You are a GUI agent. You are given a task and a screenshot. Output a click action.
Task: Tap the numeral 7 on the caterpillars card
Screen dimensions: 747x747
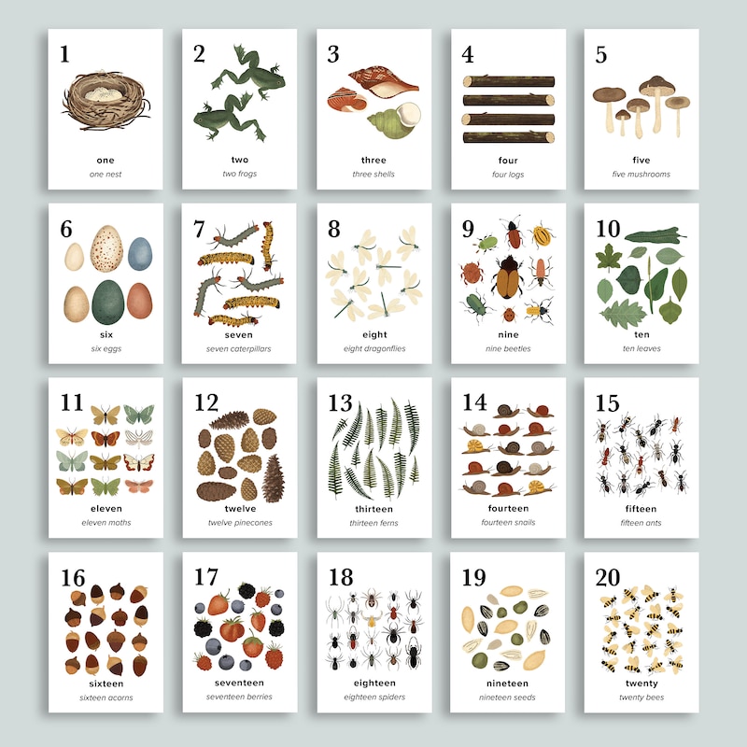tap(199, 229)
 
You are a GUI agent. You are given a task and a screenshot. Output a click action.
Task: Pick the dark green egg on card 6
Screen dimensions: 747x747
tap(108, 302)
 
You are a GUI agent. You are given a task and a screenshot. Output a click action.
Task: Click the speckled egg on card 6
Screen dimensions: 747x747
tap(106, 248)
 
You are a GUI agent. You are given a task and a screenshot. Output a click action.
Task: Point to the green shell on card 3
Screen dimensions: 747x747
tap(394, 120)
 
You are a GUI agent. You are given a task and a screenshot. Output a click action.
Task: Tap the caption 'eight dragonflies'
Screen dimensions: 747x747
tap(374, 348)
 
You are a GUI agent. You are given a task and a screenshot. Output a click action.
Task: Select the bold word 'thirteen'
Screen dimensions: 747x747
tap(374, 509)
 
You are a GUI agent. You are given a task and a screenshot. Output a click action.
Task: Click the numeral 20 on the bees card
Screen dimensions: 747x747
tap(608, 577)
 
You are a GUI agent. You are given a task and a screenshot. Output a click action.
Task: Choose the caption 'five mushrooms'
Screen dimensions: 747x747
tap(641, 175)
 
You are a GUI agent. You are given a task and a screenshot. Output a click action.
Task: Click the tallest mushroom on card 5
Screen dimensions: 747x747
tap(657, 104)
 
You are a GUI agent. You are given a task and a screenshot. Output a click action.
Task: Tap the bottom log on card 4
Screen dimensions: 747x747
tap(509, 137)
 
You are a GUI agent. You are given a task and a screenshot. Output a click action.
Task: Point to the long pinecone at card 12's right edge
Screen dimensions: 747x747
tap(274, 478)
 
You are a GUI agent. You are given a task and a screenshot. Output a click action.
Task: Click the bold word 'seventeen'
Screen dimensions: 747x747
tap(239, 683)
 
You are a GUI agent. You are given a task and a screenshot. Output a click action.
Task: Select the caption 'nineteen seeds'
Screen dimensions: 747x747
tap(507, 698)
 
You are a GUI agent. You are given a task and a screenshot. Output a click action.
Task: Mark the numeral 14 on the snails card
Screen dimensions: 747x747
tap(474, 402)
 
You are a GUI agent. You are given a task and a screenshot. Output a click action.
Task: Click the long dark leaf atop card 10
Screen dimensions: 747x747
tap(655, 236)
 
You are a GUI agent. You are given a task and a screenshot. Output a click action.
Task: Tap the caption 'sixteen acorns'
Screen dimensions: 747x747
tap(106, 698)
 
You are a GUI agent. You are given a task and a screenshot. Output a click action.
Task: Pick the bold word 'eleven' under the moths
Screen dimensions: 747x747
tap(106, 509)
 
